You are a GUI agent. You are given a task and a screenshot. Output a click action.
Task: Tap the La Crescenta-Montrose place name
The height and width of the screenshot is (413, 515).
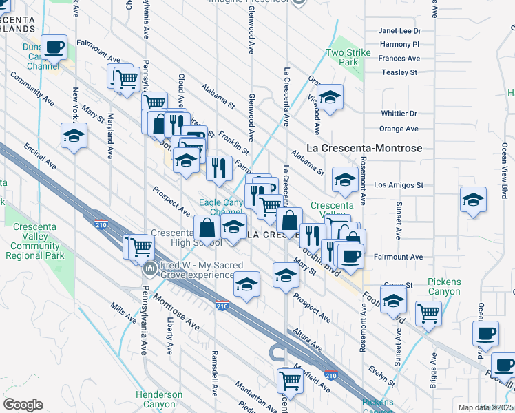coord(364,148)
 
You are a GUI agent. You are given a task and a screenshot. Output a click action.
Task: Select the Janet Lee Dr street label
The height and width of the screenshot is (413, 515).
coord(399,31)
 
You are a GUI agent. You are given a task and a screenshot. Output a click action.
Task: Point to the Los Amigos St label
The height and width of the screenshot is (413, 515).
coord(399,185)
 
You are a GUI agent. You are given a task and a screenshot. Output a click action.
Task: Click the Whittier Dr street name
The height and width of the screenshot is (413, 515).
coord(399,114)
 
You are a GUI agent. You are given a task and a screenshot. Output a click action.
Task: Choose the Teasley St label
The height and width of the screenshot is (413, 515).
coord(399,72)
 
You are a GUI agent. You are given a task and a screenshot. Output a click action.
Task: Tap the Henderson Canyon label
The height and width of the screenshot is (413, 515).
coord(159,399)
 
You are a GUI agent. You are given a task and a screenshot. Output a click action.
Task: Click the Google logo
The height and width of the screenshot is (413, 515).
coord(23,405)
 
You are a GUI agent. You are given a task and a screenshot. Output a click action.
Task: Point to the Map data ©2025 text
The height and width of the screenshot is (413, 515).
coord(485,407)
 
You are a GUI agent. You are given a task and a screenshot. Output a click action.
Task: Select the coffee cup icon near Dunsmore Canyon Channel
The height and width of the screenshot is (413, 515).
coord(54,47)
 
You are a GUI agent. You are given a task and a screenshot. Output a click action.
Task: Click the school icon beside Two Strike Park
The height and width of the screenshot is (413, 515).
coord(330,96)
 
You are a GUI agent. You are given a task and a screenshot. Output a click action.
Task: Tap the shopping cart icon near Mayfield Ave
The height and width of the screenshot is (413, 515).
coord(291,379)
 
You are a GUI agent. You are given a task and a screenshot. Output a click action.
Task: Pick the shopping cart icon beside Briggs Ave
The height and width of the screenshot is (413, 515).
coord(428,314)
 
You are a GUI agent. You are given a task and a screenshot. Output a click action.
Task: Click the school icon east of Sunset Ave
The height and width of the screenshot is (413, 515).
coord(473,200)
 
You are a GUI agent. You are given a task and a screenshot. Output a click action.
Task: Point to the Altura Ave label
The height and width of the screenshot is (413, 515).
coord(308,339)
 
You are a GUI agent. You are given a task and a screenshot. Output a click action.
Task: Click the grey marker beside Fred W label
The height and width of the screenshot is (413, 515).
coord(147,269)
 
